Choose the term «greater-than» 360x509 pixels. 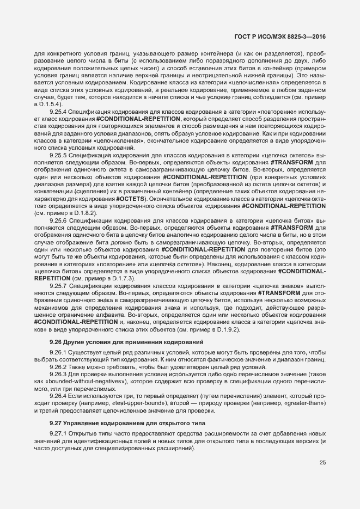pyautogui.click(x=303, y=404)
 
